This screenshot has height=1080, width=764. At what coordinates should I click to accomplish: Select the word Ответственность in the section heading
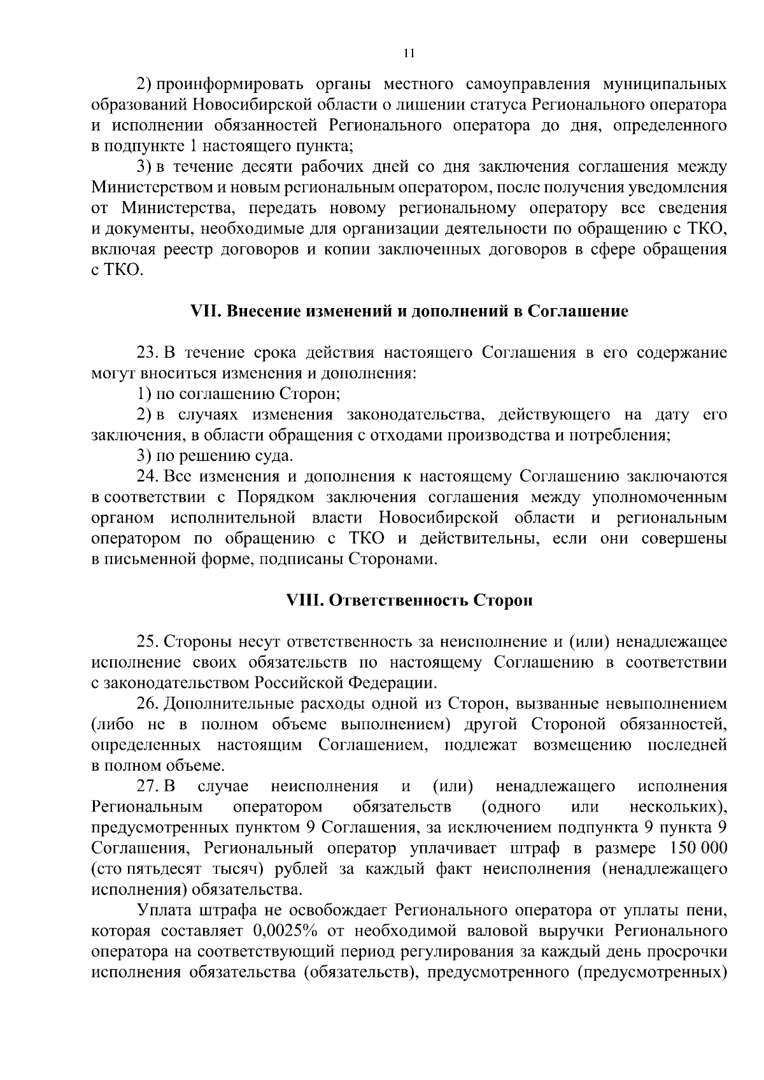398,601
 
